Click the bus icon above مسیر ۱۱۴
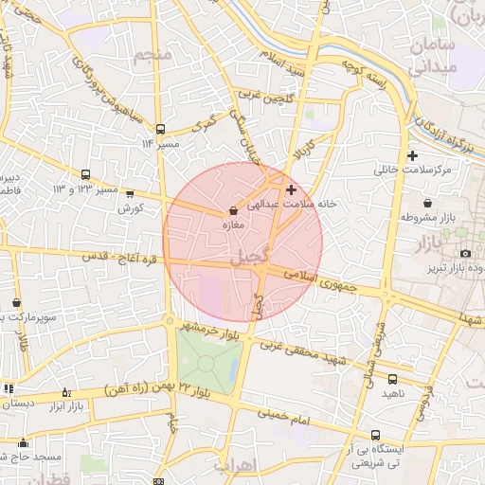click(x=161, y=128)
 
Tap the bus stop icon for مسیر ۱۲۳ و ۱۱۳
click(x=86, y=174)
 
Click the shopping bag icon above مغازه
click(x=233, y=211)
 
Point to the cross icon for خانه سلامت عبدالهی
click(x=291, y=189)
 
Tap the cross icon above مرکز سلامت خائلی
click(x=411, y=155)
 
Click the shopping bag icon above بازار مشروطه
click(x=428, y=203)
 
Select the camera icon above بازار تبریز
click(x=465, y=253)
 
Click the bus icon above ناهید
click(x=393, y=379)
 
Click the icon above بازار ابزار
click(x=65, y=392)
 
